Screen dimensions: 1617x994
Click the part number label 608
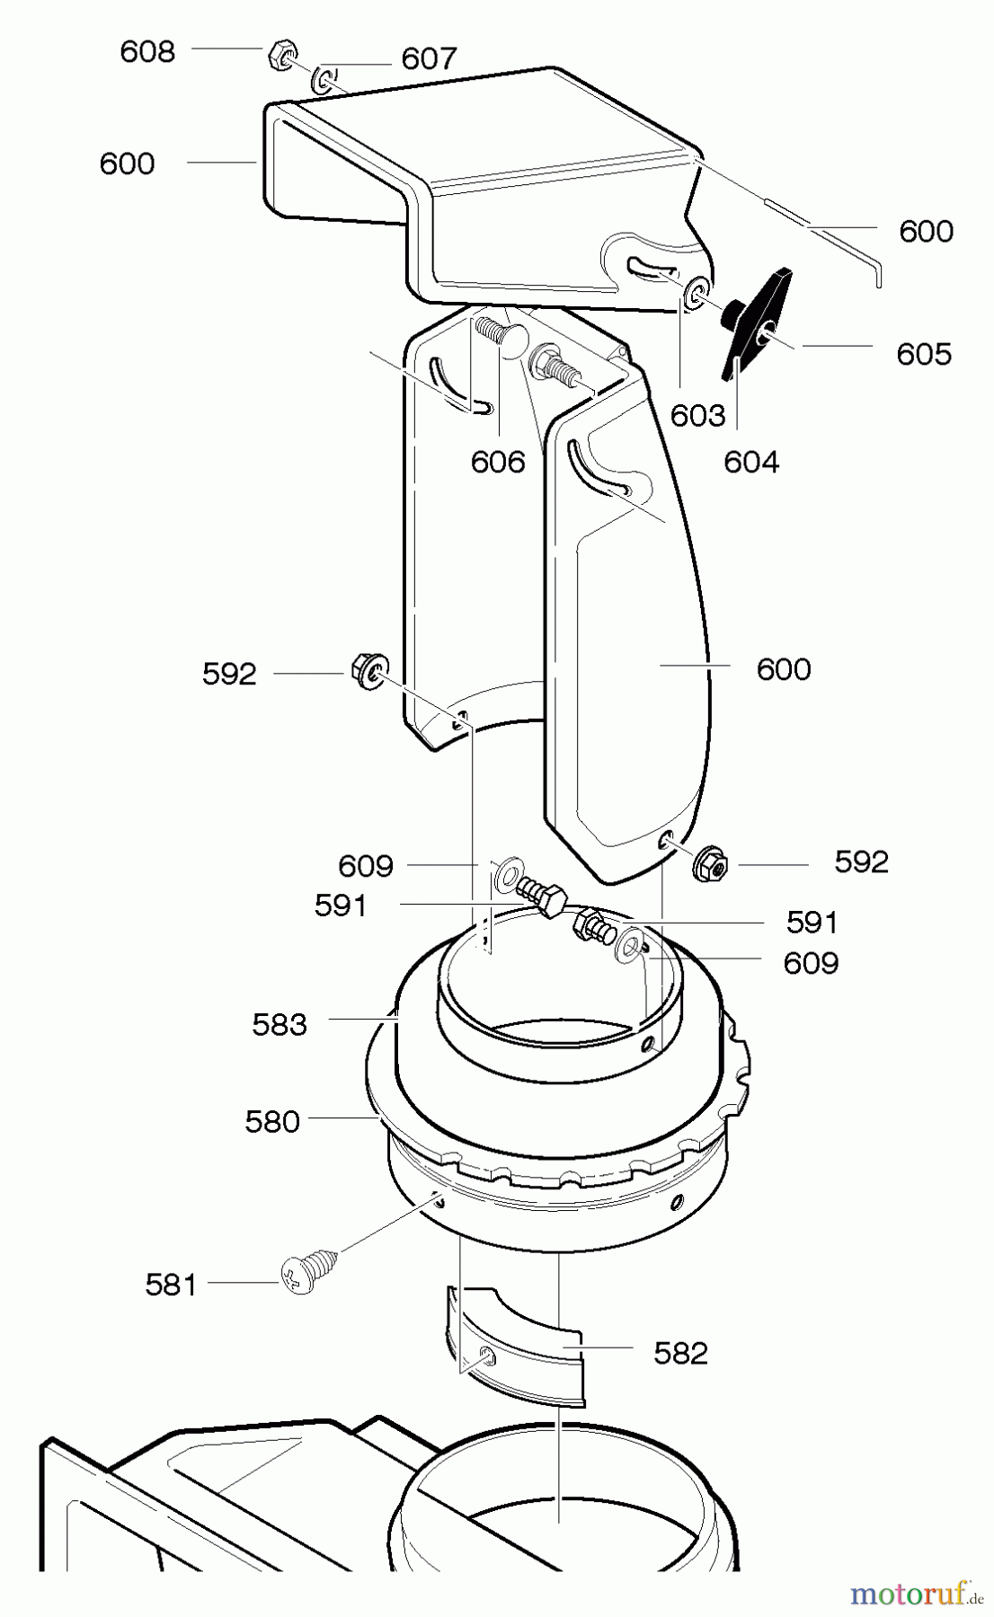[x=147, y=52]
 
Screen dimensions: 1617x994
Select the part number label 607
[x=430, y=59]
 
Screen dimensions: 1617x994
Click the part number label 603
[x=697, y=415]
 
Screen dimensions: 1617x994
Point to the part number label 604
[x=751, y=462]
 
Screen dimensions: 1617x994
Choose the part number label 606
[x=498, y=462]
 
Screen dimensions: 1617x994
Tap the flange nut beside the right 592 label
[x=710, y=865]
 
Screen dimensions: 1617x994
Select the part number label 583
[x=280, y=1024]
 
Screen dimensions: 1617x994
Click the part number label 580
[x=272, y=1122]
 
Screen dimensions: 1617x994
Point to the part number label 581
[x=171, y=1286]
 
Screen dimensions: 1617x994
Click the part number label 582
[x=681, y=1353]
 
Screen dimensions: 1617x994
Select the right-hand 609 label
[x=811, y=963]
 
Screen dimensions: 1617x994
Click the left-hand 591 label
[x=341, y=906]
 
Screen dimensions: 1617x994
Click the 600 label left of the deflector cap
[x=128, y=163]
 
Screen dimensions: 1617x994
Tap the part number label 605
[x=924, y=354]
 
